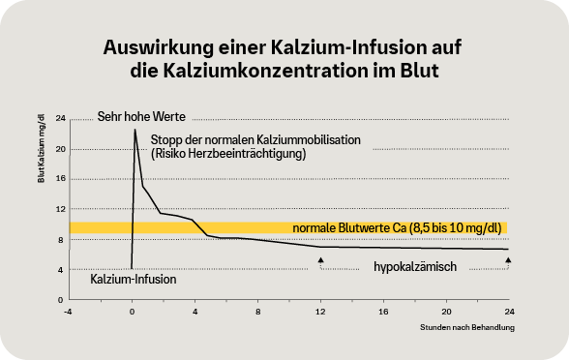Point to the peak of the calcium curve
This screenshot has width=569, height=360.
[x=135, y=129]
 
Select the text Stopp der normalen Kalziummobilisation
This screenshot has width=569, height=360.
[x=255, y=140]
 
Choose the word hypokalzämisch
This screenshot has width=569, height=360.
[x=415, y=265]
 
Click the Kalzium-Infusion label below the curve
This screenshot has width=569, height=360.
[x=133, y=280]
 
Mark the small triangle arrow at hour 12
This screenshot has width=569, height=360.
[x=320, y=260]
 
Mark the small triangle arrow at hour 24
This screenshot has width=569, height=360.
[x=508, y=260]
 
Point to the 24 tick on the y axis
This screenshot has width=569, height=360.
[x=60, y=118]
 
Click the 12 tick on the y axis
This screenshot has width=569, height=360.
[x=60, y=209]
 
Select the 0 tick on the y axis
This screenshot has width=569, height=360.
[x=61, y=300]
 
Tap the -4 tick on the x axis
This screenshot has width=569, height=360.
[x=68, y=313]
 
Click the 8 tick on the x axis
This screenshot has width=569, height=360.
[x=257, y=313]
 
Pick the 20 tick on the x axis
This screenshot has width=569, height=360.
[x=445, y=313]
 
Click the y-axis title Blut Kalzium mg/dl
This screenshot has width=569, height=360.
[x=42, y=147]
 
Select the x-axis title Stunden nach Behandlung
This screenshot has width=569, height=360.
[x=467, y=329]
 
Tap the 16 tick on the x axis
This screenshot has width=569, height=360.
[x=382, y=313]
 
